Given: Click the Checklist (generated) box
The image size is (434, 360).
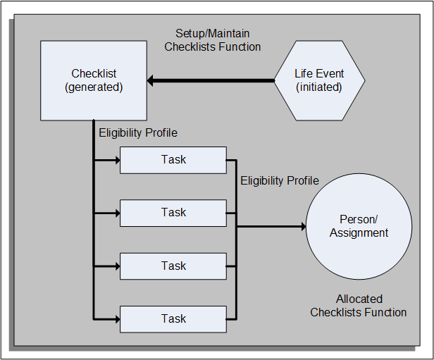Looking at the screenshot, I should pos(94,80).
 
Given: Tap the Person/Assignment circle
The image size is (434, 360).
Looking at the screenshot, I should pos(359,226).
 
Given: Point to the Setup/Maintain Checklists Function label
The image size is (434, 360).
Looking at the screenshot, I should pos(213,40).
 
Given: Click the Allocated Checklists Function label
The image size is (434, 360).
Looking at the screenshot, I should pos(359,306).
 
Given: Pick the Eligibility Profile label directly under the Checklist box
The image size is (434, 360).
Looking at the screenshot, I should pos(138,132).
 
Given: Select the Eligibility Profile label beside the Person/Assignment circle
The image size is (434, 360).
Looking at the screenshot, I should pos(280,181).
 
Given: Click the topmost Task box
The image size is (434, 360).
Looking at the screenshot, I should pos(173,160).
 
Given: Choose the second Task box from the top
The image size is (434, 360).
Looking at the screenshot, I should pos(173,213).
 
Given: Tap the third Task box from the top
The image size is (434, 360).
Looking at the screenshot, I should pos(173,266).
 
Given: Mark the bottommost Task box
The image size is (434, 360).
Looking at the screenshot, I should pos(173,318).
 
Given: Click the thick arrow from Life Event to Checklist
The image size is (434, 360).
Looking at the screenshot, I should pos(211,81).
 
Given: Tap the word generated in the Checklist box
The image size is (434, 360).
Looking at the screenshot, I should pos(94,87).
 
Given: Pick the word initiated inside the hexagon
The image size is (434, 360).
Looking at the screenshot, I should pos(319,87).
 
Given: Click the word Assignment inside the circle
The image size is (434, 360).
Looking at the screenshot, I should pos(359,232).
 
